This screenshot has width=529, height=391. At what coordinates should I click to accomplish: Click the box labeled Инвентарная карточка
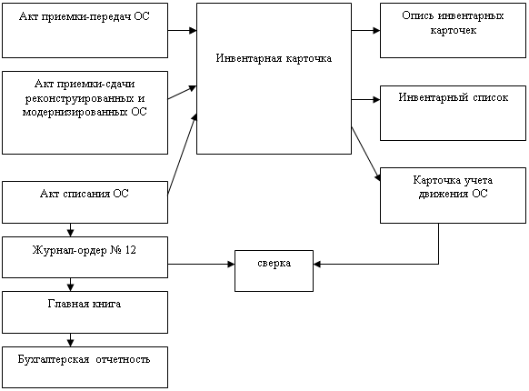pyautogui.click(x=274, y=79)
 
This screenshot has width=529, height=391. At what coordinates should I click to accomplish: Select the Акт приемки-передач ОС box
pyautogui.click(x=85, y=30)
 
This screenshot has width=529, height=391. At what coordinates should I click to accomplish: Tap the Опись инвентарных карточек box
pyautogui.click(x=453, y=30)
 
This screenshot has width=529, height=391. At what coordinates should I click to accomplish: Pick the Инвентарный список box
pyautogui.click(x=453, y=113)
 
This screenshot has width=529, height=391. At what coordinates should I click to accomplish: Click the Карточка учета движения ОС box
pyautogui.click(x=453, y=195)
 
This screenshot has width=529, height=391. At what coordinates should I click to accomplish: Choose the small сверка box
pyautogui.click(x=274, y=271)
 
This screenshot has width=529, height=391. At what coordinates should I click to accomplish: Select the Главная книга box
pyautogui.click(x=85, y=312)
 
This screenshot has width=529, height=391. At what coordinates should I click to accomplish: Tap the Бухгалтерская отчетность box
pyautogui.click(x=85, y=367)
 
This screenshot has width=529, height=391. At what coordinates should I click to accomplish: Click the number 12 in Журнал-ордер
pyautogui.click(x=131, y=250)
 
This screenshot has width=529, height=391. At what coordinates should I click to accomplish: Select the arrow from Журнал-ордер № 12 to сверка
pyautogui.click(x=202, y=264)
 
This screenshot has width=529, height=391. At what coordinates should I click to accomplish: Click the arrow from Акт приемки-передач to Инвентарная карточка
pyautogui.click(x=182, y=30)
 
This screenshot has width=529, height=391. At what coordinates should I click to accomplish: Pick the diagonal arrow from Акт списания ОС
pyautogui.click(x=182, y=154)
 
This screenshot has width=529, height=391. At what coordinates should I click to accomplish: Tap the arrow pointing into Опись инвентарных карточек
pyautogui.click(x=365, y=30)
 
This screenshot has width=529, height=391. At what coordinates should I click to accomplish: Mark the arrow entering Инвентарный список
pyautogui.click(x=365, y=100)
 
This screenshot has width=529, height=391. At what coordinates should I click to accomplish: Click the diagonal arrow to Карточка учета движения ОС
pyautogui.click(x=366, y=154)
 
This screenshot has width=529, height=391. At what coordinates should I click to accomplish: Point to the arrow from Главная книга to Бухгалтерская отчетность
pyautogui.click(x=70, y=340)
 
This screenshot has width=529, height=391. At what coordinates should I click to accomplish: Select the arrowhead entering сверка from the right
pyautogui.click(x=317, y=264)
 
